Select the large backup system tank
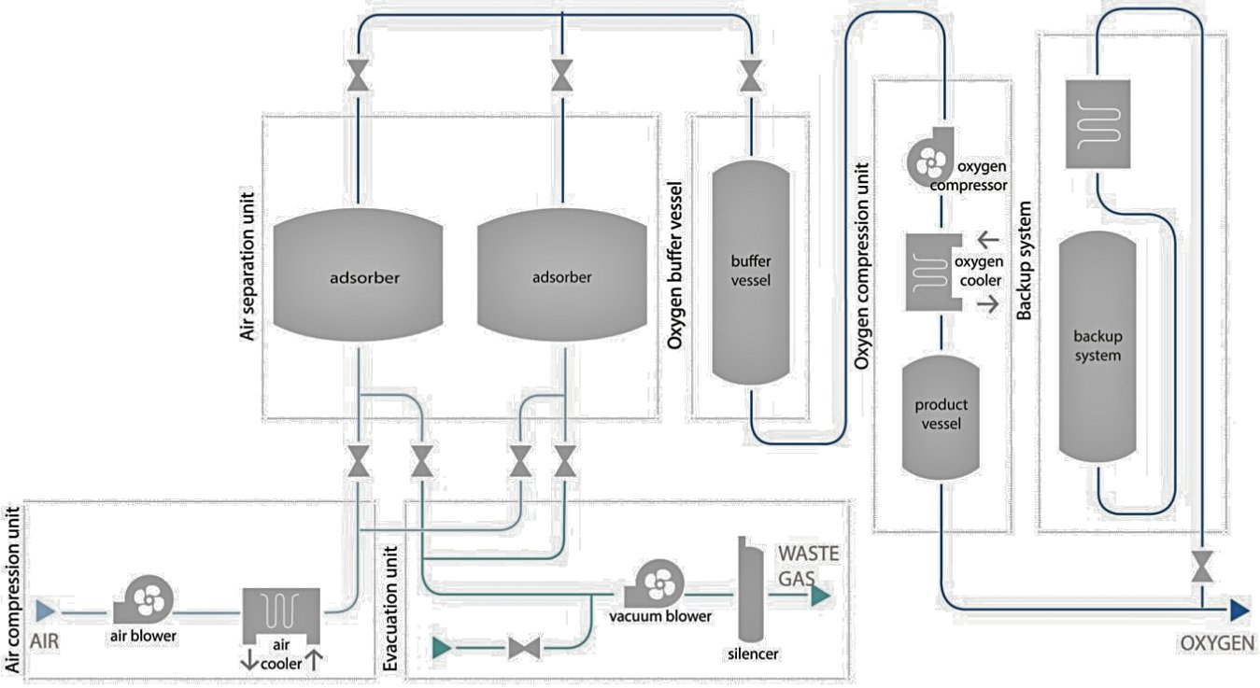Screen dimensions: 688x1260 [x=1097, y=346]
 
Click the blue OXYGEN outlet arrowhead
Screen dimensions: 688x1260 [x=1239, y=611]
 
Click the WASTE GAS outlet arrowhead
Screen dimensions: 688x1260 [x=820, y=596]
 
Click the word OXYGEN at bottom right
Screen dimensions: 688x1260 [x=1218, y=643]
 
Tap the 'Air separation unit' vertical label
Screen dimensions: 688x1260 [x=248, y=267]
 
